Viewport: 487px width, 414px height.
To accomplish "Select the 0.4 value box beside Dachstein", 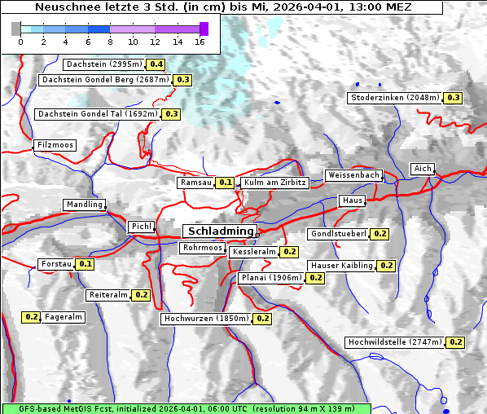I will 156,64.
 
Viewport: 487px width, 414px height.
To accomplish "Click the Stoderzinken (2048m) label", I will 395,98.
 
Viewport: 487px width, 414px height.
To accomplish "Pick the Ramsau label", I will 196,183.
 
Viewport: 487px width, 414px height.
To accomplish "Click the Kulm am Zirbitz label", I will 274,183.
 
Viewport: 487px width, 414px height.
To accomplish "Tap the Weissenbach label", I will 353,175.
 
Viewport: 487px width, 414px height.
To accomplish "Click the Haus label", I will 352,200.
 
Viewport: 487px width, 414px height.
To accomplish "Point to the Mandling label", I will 85,205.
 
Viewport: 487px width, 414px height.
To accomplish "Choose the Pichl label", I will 141,226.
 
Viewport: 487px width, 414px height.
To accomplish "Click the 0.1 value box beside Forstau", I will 86,264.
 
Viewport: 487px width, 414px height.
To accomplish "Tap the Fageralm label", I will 64,317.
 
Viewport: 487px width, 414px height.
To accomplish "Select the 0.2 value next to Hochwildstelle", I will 455,342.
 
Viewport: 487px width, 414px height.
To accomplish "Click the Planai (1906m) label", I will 271,278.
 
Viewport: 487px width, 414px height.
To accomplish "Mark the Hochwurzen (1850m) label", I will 205,319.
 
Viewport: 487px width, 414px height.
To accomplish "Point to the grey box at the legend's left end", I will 16,29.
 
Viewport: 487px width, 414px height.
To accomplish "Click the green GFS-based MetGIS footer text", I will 186,407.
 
